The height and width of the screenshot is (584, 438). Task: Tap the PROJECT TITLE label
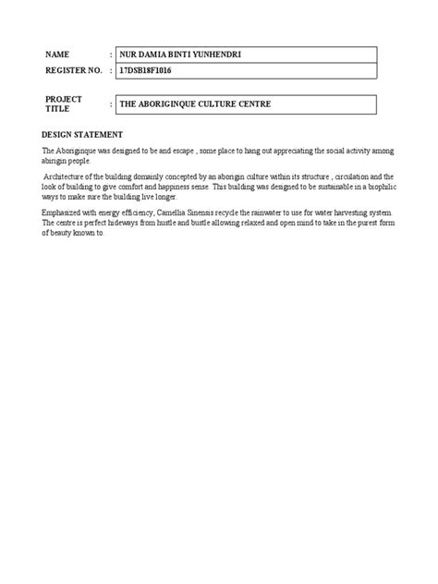coord(64,103)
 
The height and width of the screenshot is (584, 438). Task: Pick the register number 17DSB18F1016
coord(146,71)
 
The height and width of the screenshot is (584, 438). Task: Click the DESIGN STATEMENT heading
coord(82,134)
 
